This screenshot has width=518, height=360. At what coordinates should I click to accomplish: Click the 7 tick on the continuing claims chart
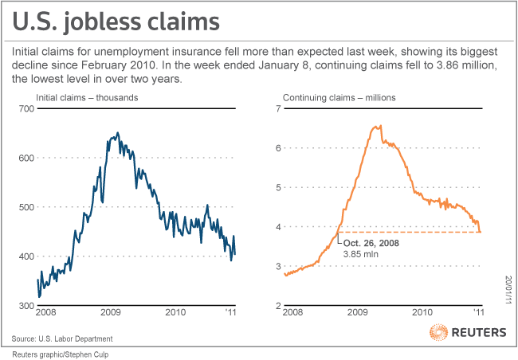278,108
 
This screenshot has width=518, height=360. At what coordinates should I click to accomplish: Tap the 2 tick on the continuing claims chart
278,306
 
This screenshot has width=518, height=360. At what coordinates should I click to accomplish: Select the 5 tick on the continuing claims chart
278,187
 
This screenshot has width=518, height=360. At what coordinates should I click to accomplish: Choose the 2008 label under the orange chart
294,314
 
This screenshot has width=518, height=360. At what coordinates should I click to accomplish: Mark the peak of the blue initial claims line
118,133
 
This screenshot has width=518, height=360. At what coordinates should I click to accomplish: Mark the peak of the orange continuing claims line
379,125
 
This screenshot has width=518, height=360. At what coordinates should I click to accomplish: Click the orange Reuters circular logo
438,333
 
